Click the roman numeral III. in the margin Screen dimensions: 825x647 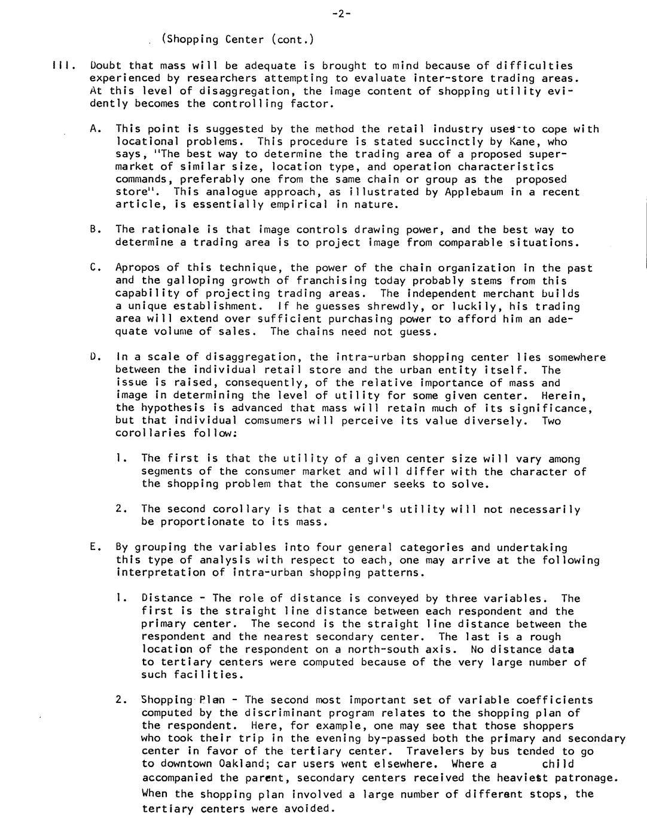[x=62, y=66]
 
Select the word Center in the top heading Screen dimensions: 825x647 [x=245, y=40]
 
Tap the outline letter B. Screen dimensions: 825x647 [x=94, y=230]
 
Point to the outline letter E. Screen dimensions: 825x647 [x=94, y=548]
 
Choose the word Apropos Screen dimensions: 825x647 [x=137, y=268]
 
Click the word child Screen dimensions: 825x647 [x=557, y=764]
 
